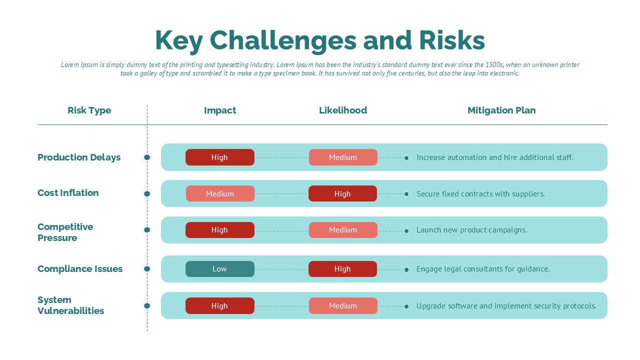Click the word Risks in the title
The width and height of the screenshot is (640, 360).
(x=452, y=40)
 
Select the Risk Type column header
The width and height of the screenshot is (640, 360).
(x=89, y=110)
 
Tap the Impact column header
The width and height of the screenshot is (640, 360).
(x=220, y=110)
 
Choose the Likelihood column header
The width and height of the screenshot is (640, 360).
(x=343, y=110)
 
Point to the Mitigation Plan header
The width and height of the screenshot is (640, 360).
(x=501, y=110)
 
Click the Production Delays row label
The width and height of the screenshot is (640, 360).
(x=79, y=157)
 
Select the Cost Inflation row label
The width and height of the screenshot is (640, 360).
(x=68, y=193)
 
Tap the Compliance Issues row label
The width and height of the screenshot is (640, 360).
(x=80, y=269)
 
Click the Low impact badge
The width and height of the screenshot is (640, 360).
(x=219, y=269)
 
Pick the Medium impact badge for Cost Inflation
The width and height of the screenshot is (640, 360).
(x=220, y=193)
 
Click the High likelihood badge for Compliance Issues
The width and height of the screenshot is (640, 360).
(x=342, y=269)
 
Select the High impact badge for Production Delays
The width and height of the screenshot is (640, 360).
(x=219, y=157)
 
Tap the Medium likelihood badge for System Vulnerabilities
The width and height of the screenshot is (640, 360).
(x=343, y=305)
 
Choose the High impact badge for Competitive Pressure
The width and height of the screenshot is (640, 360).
(x=219, y=230)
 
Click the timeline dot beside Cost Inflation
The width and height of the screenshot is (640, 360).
(x=147, y=194)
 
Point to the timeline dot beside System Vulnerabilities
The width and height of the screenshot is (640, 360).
(x=147, y=306)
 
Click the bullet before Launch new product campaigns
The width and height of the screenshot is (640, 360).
(x=406, y=231)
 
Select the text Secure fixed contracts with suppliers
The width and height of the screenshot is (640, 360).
(x=480, y=194)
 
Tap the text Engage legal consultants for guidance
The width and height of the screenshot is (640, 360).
(x=483, y=269)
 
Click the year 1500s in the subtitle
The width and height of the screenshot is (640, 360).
(x=494, y=65)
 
